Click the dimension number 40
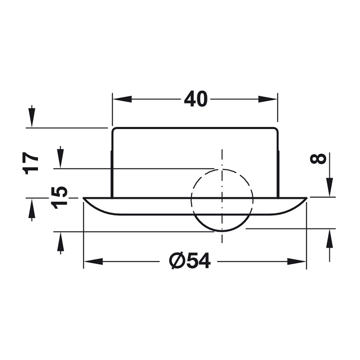point(196,99)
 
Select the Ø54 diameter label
point(189,261)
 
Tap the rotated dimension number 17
point(30,163)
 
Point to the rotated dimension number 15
point(59,198)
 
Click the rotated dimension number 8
point(318,159)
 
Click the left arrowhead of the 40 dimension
point(122,99)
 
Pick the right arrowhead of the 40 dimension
point(268,99)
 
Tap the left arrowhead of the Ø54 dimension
point(94,261)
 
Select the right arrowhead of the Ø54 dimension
point(297,261)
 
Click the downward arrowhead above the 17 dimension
point(32,117)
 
